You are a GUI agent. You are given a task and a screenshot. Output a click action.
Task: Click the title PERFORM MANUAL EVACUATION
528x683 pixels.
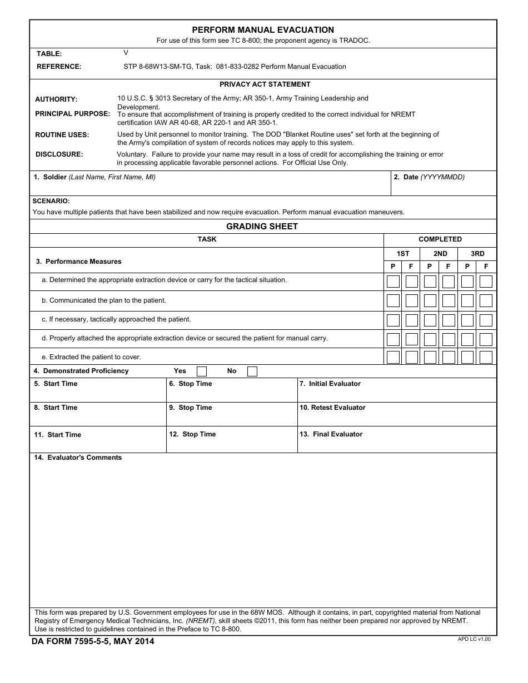263,30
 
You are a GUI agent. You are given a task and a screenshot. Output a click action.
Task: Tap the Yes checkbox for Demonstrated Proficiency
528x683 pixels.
202,371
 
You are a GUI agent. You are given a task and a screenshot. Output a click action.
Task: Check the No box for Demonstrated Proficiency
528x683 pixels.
252,371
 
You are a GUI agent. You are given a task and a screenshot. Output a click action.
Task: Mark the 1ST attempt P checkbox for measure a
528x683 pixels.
393,282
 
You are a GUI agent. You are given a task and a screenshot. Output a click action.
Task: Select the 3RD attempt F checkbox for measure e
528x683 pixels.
486,357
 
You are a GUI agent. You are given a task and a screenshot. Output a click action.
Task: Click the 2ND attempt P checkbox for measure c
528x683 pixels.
430,320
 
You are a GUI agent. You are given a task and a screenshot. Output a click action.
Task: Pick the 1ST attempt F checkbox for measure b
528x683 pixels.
411,301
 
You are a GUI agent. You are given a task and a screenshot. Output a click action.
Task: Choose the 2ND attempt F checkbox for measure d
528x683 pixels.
449,339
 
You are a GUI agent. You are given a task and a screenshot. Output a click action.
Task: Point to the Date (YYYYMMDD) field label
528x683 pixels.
429,177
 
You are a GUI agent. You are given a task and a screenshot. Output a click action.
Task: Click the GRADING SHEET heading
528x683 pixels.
262,227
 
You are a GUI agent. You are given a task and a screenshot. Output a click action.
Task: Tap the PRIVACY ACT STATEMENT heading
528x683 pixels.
265,84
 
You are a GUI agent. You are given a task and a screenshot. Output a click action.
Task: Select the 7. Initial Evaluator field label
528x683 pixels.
330,384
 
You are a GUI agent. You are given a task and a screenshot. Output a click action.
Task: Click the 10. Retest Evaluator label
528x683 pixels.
332,408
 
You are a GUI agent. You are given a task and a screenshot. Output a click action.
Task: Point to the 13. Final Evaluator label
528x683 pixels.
331,434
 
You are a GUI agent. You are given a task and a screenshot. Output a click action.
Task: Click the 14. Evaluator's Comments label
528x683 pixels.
78,458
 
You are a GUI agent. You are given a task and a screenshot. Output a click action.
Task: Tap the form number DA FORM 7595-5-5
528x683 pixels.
93,642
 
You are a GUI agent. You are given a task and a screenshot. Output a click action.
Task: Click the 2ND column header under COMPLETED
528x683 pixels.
440,254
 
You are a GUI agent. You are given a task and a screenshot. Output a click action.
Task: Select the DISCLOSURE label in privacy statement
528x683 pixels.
59,154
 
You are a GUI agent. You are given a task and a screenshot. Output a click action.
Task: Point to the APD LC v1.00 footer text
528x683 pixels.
474,639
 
